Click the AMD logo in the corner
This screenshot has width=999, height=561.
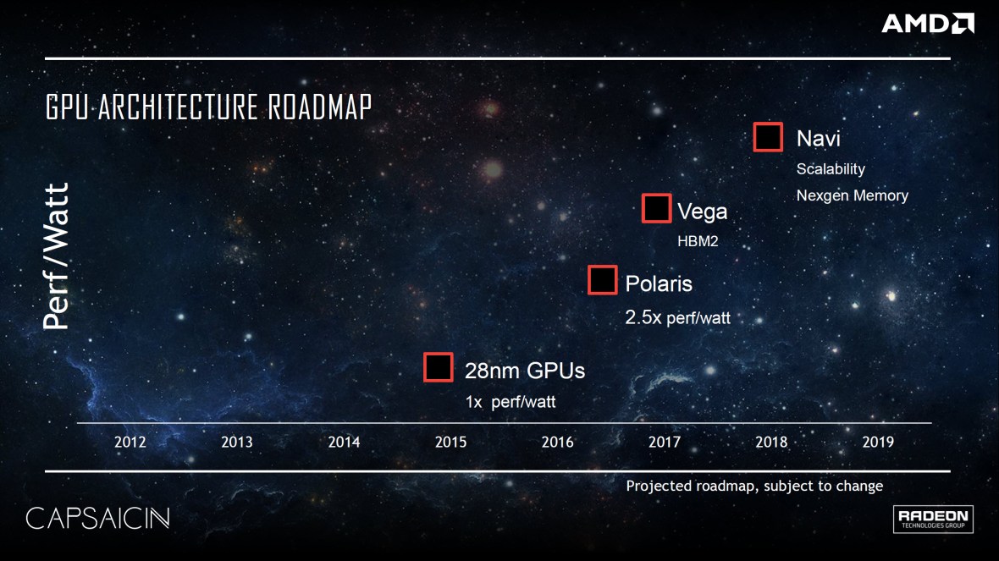tap(927, 23)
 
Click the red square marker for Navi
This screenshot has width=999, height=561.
tap(768, 137)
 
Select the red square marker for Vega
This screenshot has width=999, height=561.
tap(656, 209)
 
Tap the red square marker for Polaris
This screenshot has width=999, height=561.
tap(602, 280)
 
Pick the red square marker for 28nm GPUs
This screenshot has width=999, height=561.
tap(439, 367)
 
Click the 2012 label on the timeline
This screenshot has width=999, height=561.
tap(130, 442)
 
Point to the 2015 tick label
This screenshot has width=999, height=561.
tap(450, 442)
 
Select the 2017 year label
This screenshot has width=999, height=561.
tap(664, 442)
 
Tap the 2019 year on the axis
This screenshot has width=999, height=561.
tap(877, 442)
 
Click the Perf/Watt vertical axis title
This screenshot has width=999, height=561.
tap(56, 256)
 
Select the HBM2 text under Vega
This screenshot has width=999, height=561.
tap(698, 241)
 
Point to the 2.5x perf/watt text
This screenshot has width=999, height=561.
tap(677, 319)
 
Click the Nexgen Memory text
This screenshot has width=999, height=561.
tap(852, 195)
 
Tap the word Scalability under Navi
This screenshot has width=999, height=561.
tap(831, 168)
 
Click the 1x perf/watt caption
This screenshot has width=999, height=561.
tap(510, 402)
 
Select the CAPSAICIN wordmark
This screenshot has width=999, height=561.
tap(97, 518)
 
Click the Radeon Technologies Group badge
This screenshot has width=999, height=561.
tap(933, 519)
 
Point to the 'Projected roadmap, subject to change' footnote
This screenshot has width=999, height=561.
tap(753, 486)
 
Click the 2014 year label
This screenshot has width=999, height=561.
tap(344, 442)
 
